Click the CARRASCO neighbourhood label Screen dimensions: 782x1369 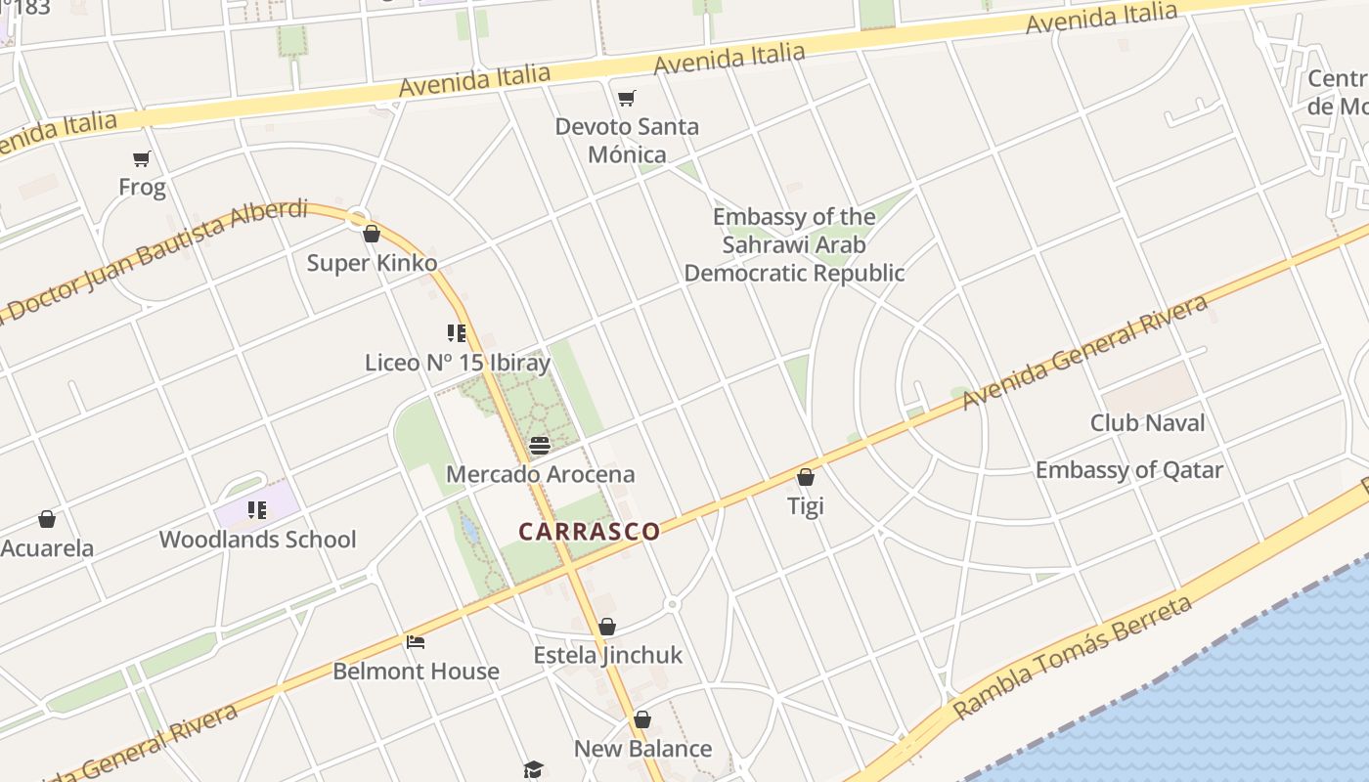[x=589, y=532]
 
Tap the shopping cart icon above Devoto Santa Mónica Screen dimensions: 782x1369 [x=627, y=98]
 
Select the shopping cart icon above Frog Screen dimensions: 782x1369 [x=142, y=158]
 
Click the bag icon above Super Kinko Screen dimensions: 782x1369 [x=372, y=234]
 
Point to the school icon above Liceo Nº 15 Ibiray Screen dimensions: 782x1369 [x=456, y=333]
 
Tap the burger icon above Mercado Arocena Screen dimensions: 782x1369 [x=540, y=446]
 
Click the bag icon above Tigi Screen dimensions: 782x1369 [x=806, y=477]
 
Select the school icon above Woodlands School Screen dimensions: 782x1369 [x=257, y=509]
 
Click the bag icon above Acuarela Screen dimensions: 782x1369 [x=47, y=519]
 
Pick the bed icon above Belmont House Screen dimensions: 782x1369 [x=416, y=642]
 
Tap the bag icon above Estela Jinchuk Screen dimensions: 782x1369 [x=607, y=627]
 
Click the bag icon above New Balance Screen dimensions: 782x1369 [x=642, y=720]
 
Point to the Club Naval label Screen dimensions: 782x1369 [x=1147, y=423]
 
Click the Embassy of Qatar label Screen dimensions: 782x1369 [x=1128, y=470]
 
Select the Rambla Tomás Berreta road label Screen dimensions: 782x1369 [x=1073, y=656]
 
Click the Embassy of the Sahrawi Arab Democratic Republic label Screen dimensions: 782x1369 [x=794, y=244]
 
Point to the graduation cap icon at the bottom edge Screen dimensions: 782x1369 [x=533, y=770]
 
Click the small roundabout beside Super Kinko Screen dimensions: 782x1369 [x=359, y=219]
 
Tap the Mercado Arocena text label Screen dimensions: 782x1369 [x=540, y=475]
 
